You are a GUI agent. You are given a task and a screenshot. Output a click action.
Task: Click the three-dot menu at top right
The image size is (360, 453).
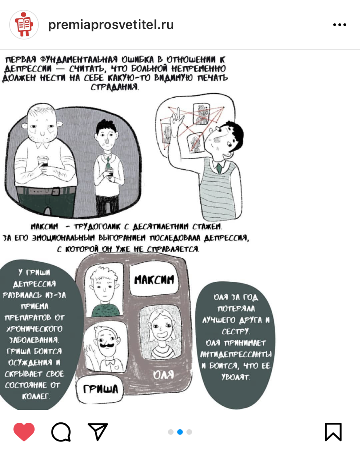[x=339, y=25]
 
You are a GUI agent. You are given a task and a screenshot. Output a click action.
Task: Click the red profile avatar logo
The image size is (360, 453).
[x=24, y=25]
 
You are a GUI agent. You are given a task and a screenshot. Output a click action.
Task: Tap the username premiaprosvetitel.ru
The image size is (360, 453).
[x=111, y=25]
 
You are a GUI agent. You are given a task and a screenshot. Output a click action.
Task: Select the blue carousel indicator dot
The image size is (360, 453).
[x=180, y=432]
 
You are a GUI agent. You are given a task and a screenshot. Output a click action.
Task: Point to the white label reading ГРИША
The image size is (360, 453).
[x=100, y=389]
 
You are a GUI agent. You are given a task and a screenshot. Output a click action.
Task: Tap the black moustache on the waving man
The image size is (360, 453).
[x=107, y=345]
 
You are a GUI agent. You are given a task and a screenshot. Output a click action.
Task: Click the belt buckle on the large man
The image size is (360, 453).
[x=56, y=191]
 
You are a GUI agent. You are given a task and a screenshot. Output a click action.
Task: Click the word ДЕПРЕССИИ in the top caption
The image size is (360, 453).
[x=28, y=68]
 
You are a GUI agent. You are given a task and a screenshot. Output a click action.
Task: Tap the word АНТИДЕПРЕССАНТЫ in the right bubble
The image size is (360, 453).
[x=236, y=355]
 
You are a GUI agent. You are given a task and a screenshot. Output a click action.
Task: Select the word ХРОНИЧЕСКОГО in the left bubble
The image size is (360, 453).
[x=35, y=329]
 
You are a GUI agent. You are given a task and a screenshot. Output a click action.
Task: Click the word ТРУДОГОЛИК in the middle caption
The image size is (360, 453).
[x=97, y=227]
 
